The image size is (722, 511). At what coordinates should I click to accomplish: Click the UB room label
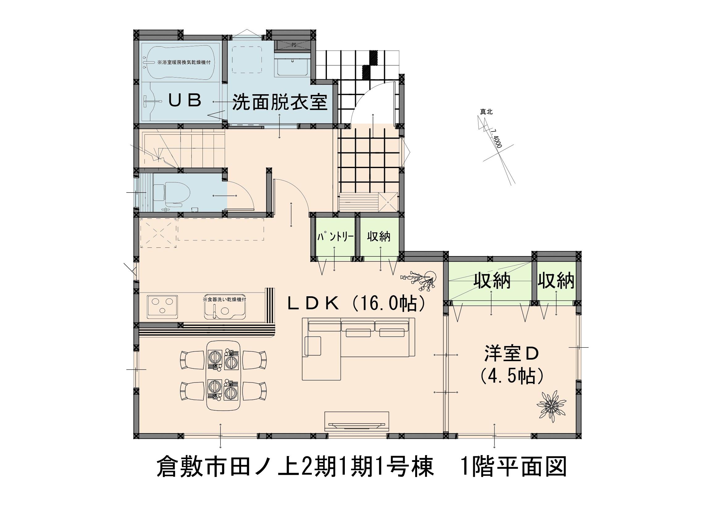pos(185,101)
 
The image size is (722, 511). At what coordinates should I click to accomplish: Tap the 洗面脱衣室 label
pos(280,103)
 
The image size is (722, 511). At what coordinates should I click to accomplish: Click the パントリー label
pos(335,236)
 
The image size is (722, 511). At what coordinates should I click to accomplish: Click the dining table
pos(223,375)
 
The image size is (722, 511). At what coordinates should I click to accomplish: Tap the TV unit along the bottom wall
pos(357,421)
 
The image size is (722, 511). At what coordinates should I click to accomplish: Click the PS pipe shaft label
pos(294,45)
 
